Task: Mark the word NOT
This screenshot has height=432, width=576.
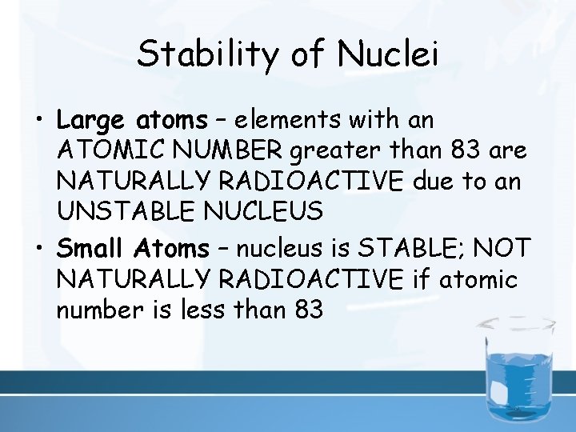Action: [502, 249]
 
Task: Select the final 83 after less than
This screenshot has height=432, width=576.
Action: [308, 310]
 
